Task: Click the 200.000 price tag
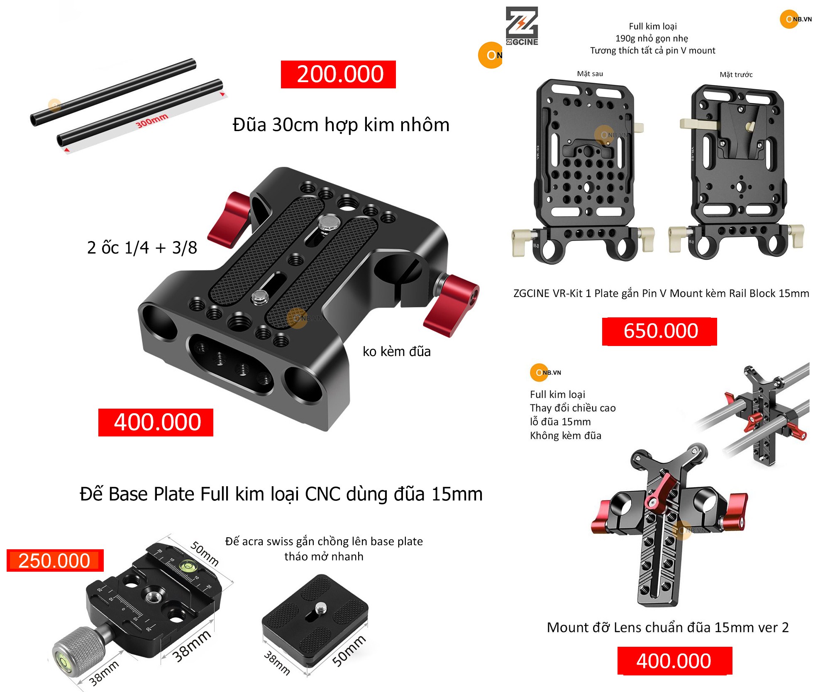338,74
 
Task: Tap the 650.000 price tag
659,331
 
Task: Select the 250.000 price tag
55,560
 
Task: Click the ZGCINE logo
522,26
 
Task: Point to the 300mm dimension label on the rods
152,120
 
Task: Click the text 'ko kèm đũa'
396,351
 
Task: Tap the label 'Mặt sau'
590,74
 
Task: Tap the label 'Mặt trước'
736,75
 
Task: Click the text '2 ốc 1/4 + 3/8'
142,248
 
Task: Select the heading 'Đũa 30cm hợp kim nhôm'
341,124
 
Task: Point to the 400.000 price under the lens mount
674,660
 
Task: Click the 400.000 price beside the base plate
156,422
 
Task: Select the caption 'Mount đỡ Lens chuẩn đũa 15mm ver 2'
668,627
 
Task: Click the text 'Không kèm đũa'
566,436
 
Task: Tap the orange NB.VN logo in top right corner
796,19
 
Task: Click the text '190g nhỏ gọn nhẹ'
652,39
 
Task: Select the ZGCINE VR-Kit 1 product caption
661,293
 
